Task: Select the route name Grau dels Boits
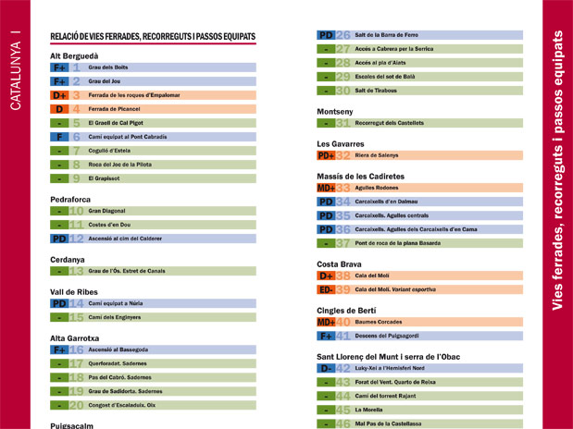click(107, 67)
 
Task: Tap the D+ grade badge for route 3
click(59, 95)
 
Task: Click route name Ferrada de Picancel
click(115, 109)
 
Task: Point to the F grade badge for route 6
click(59, 137)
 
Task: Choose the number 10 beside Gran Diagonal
click(76, 211)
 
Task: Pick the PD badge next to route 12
click(59, 239)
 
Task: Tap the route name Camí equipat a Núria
click(116, 303)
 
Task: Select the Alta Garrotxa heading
click(78, 338)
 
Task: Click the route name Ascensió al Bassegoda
click(118, 350)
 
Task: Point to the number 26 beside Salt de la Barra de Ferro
click(343, 35)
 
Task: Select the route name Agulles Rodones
click(377, 188)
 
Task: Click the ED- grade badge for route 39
click(325, 289)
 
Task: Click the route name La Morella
click(369, 410)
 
